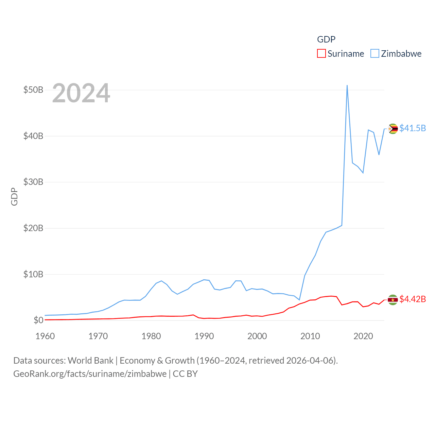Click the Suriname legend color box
click(x=321, y=54)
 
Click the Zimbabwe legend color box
click(x=375, y=54)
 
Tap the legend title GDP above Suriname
click(x=326, y=39)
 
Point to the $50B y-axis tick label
click(x=33, y=90)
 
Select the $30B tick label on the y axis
click(x=33, y=182)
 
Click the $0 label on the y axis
click(x=38, y=320)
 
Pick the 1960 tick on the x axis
click(x=45, y=336)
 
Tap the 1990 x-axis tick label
click(x=204, y=336)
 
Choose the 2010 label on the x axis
click(x=310, y=336)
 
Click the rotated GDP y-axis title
click(x=14, y=196)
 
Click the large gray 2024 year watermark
click(x=81, y=93)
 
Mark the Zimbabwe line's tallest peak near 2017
click(x=347, y=86)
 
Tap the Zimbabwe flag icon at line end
click(x=393, y=129)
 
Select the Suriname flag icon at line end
click(x=393, y=300)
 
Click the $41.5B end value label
click(x=413, y=128)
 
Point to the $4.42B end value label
click(x=413, y=299)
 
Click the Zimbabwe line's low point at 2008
click(x=299, y=300)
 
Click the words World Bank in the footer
click(x=90, y=360)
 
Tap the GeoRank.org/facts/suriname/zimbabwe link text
click(x=90, y=374)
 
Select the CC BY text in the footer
click(x=185, y=374)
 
